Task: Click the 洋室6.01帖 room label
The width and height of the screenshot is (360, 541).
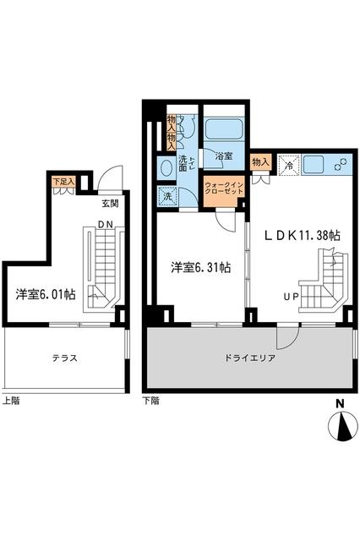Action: coord(46,294)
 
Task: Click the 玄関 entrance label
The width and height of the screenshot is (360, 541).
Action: coord(111,204)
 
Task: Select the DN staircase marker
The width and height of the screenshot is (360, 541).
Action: coord(106,223)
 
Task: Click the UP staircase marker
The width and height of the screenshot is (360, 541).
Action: coord(291,297)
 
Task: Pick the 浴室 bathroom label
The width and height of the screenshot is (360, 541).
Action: coord(223,156)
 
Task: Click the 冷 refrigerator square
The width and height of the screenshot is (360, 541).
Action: coord(287,164)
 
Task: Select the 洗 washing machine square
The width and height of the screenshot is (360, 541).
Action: coord(166,195)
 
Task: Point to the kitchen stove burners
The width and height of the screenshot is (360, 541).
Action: coord(343,164)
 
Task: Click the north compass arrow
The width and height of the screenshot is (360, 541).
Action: coord(342,429)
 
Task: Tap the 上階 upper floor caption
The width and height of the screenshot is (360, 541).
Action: coord(12,400)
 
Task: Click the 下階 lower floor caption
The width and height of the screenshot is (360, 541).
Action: coord(150,401)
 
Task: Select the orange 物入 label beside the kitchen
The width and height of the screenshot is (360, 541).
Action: coord(260,161)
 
